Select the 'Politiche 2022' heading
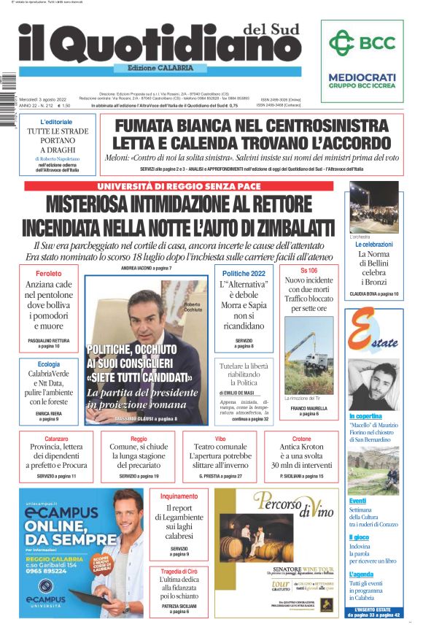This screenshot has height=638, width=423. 244,272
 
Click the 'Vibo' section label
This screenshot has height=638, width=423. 220,439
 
